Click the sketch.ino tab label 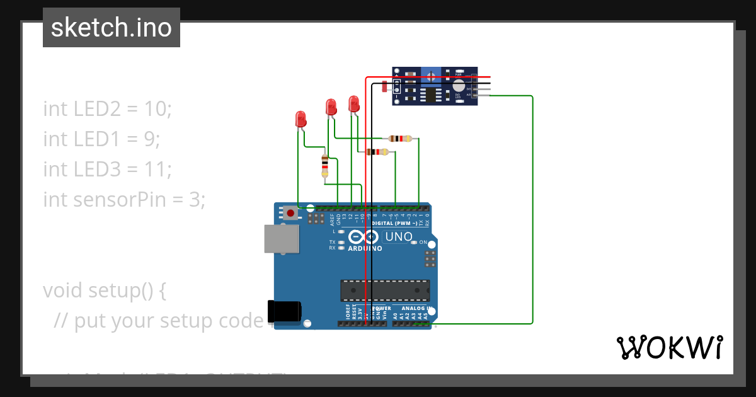(x=112, y=28)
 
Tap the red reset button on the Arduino (x=290, y=213)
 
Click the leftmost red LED (x=301, y=119)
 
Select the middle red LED (x=331, y=106)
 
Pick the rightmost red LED (x=353, y=103)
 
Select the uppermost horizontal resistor (x=400, y=138)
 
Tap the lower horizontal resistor (x=377, y=151)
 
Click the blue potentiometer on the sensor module (x=431, y=77)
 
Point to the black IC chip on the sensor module (x=431, y=95)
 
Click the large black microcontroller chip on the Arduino (x=385, y=291)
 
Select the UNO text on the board (x=398, y=237)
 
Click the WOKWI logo (x=669, y=347)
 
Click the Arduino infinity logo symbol (x=363, y=237)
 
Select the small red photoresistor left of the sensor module (x=384, y=87)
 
